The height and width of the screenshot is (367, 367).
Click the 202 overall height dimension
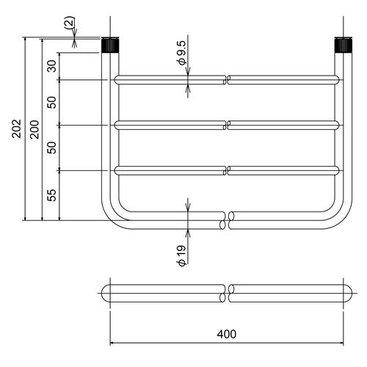17,128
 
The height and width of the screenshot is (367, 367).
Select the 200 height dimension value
34,130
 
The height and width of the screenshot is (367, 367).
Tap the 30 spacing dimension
52,66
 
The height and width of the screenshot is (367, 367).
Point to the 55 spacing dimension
52,195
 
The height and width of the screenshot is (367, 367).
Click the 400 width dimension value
227,334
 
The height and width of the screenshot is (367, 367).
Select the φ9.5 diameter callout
183,53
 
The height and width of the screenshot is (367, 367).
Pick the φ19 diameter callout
182,255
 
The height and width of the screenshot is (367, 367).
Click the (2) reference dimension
69,23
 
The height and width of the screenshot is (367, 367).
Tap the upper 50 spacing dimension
52,102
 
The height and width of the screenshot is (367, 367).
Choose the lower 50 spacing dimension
52,148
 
